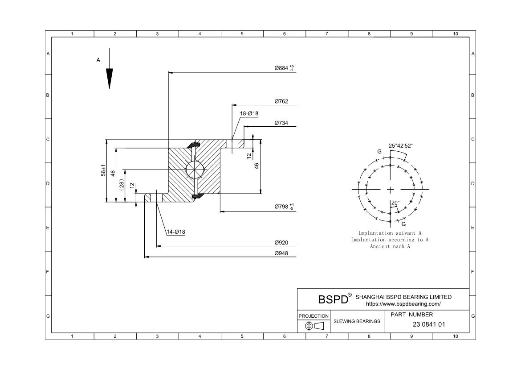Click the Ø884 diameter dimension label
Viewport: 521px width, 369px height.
pyautogui.click(x=284, y=68)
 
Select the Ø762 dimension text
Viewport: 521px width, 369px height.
pyautogui.click(x=281, y=101)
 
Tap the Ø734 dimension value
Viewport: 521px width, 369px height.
pyautogui.click(x=281, y=123)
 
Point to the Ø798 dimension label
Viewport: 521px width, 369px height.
pyautogui.click(x=284, y=207)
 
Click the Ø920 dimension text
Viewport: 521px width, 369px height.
pyautogui.click(x=281, y=243)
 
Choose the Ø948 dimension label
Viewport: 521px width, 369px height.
pyautogui.click(x=281, y=253)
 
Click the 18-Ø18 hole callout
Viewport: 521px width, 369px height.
pyautogui.click(x=249, y=114)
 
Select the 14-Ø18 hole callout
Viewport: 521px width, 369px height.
pyautogui.click(x=175, y=232)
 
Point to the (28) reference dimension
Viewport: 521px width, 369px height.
pyautogui.click(x=121, y=184)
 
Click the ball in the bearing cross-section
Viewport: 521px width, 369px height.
pyautogui.click(x=195, y=170)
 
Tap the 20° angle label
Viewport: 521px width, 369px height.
pyautogui.click(x=395, y=203)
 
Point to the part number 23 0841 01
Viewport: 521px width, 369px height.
pyautogui.click(x=429, y=324)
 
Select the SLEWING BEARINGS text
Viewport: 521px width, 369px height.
pyautogui.click(x=357, y=321)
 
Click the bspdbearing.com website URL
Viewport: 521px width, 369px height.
pyautogui.click(x=403, y=304)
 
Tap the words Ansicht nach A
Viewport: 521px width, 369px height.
pyautogui.click(x=390, y=246)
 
